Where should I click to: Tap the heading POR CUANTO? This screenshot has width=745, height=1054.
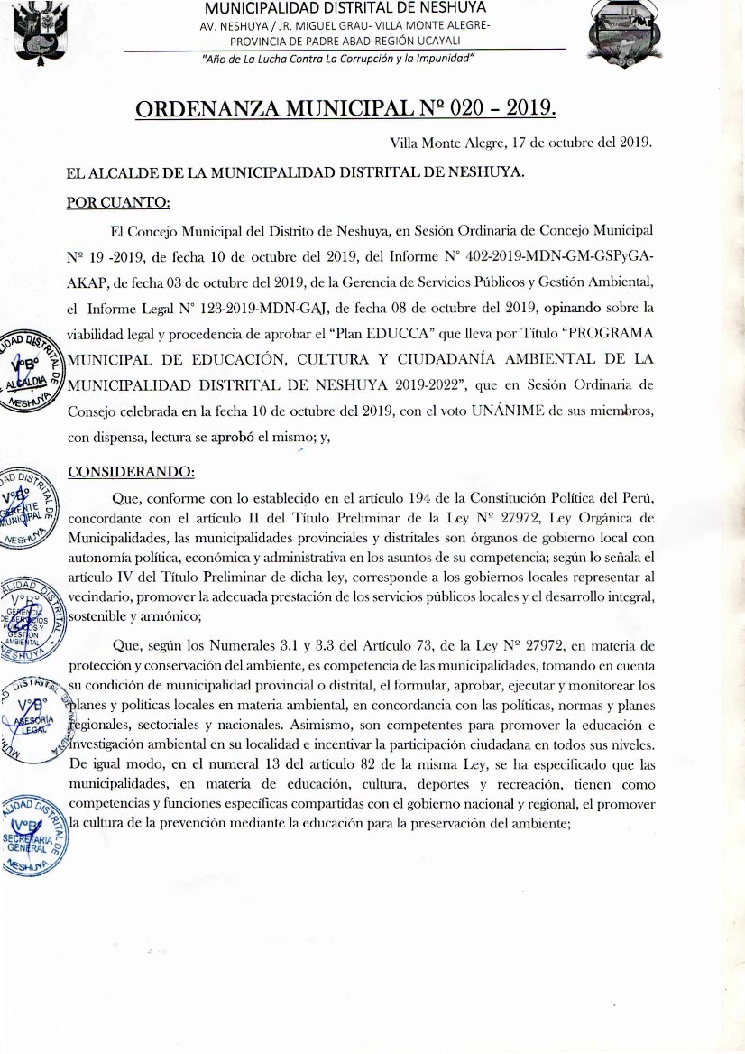click(119, 201)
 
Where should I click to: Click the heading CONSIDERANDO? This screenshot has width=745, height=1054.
click(131, 471)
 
